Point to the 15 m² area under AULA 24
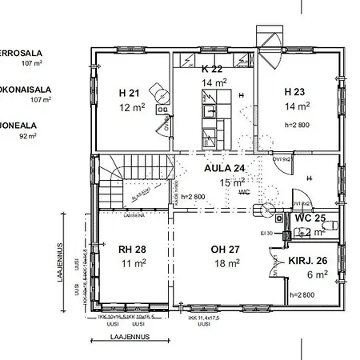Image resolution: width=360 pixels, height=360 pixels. click(x=231, y=183)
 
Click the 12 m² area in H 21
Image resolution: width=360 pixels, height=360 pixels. click(x=130, y=106)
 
